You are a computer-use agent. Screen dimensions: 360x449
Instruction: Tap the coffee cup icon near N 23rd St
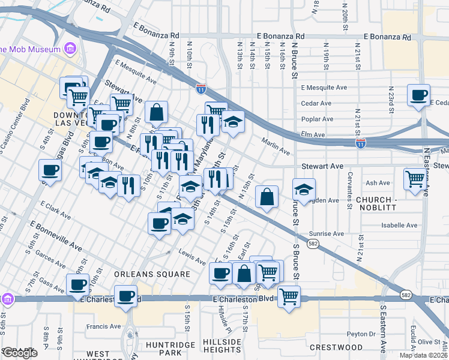(418, 95)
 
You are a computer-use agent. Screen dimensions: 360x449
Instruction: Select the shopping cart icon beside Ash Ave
(415, 179)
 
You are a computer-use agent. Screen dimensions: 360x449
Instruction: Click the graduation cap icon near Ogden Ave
(304, 190)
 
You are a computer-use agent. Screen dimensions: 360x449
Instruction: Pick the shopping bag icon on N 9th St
(156, 112)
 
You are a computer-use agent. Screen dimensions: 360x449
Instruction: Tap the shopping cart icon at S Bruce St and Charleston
(289, 296)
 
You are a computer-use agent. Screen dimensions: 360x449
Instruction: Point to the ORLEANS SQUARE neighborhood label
(152, 274)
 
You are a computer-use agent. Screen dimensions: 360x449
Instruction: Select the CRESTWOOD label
(336, 347)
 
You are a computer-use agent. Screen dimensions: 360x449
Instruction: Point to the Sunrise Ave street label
(327, 233)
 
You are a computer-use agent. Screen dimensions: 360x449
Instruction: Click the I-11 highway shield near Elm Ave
(360, 144)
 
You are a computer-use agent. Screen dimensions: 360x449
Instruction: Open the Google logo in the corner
(20, 353)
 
